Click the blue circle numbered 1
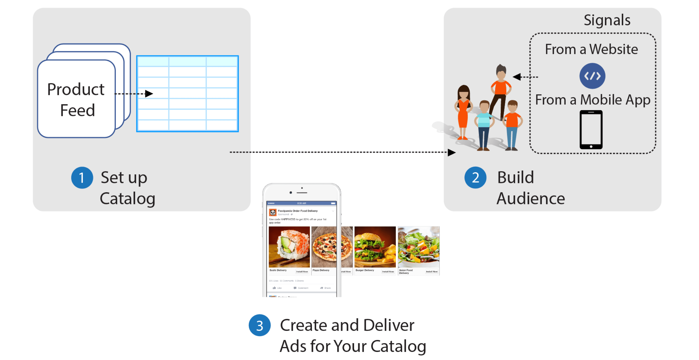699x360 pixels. click(82, 178)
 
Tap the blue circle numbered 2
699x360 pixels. click(475, 178)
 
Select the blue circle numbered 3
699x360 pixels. click(259, 325)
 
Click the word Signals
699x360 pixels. click(607, 20)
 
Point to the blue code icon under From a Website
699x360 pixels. click(592, 76)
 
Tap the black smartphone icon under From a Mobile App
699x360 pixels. click(591, 130)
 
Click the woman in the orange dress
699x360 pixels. click(463, 111)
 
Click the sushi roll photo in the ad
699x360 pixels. click(289, 247)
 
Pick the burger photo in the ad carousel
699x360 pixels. click(375, 247)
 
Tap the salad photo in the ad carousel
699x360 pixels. click(418, 247)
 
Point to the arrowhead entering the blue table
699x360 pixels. click(149, 94)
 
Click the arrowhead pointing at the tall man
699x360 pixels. click(517, 77)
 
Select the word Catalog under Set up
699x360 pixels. click(127, 199)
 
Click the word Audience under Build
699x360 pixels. click(531, 199)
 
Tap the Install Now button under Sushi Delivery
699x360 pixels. click(302, 272)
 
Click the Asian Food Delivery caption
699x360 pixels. click(406, 272)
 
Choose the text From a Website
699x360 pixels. click(591, 49)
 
